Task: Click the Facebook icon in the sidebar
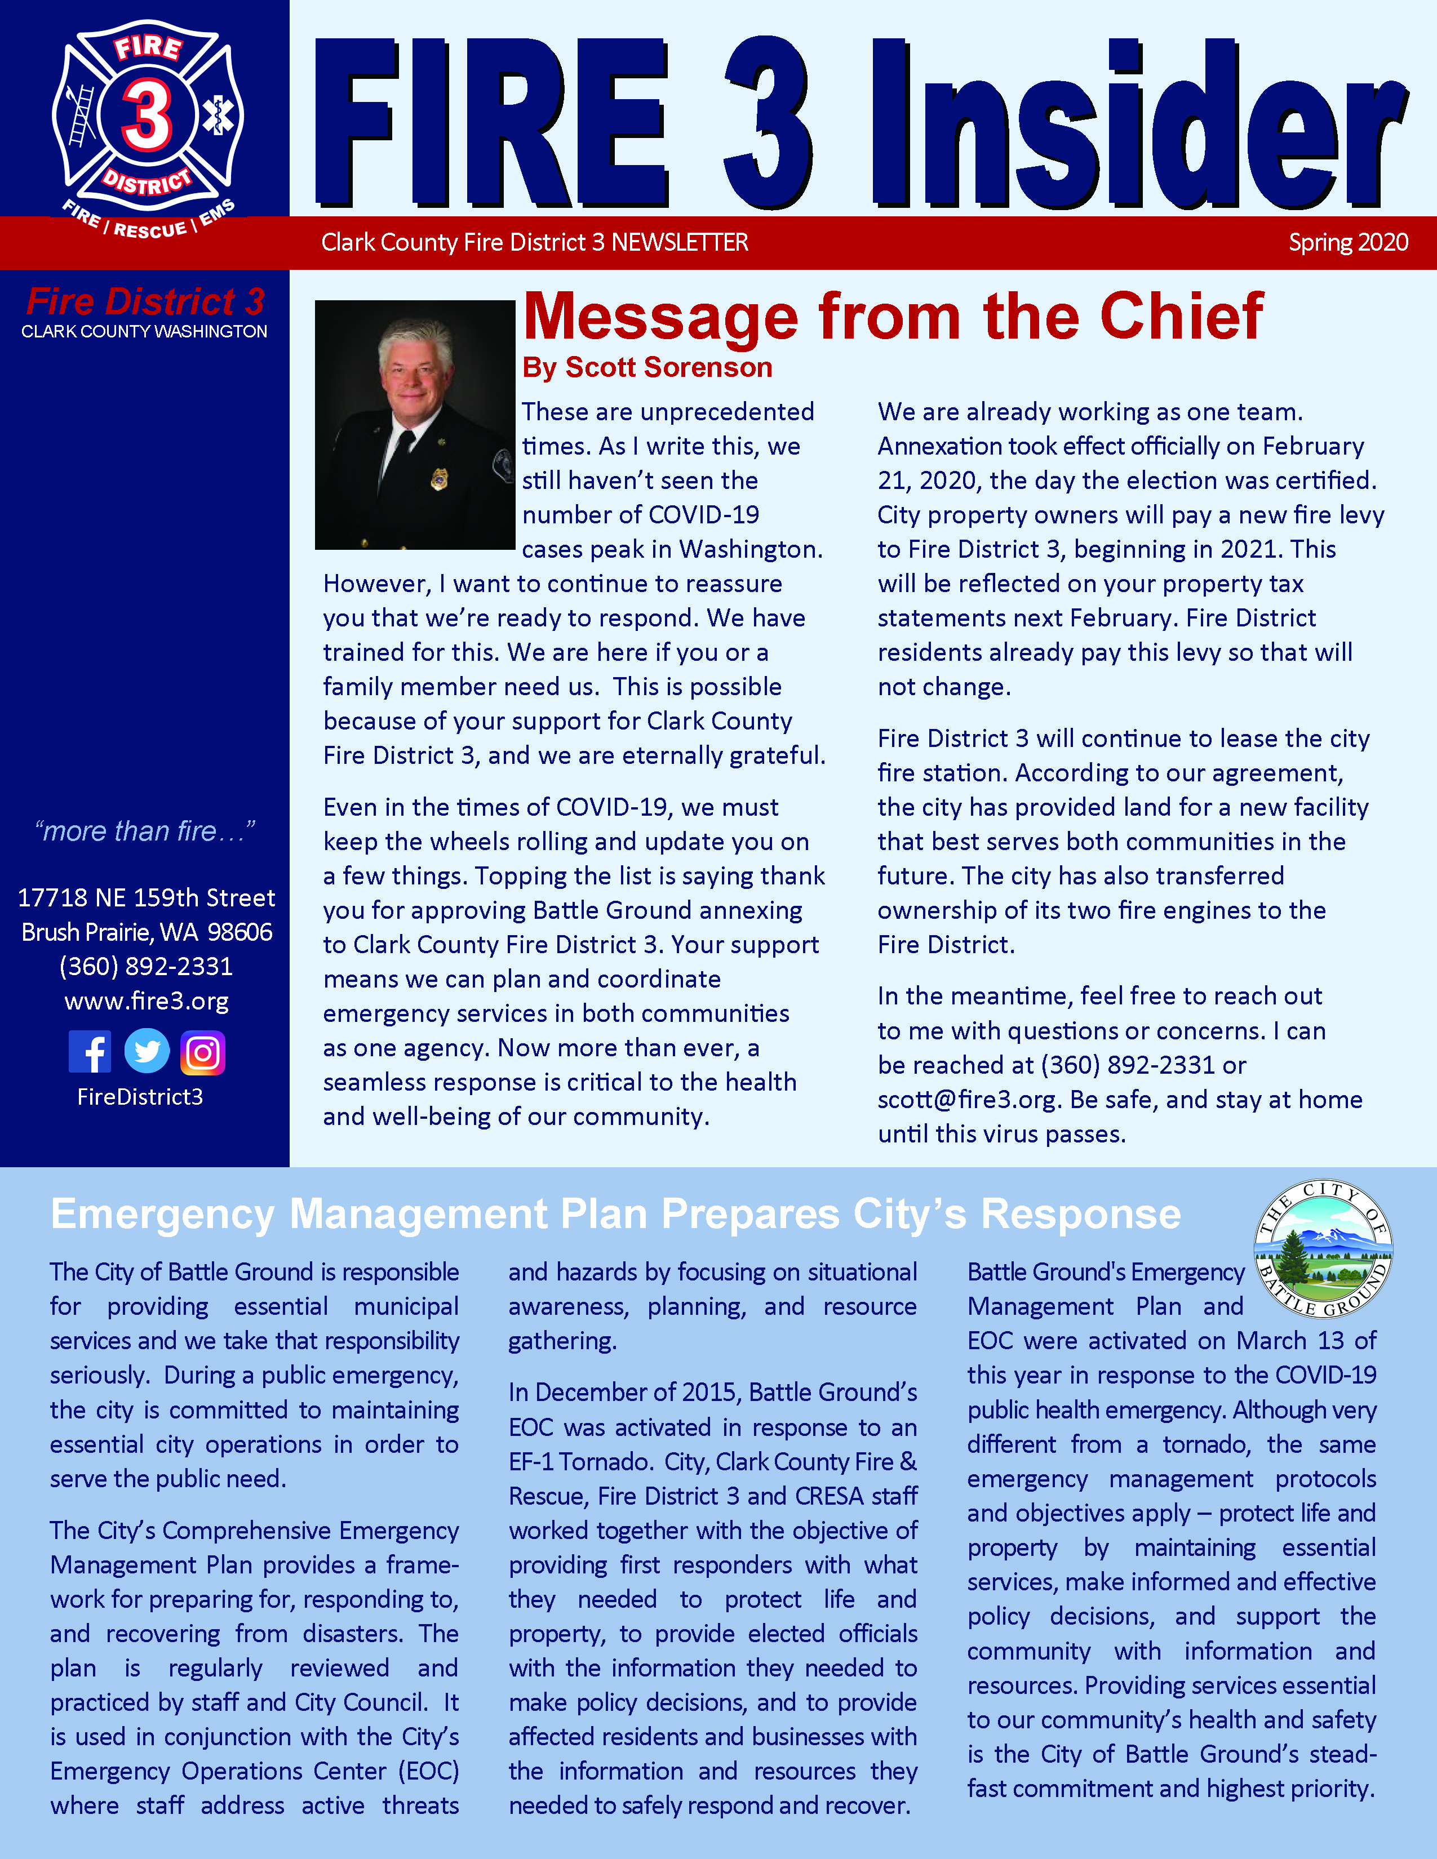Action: coord(90,1052)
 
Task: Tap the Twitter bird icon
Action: coord(147,1052)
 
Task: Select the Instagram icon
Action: coord(203,1053)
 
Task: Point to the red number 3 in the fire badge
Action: coord(147,117)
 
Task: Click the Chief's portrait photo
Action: coord(415,424)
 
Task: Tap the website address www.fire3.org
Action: coord(147,1001)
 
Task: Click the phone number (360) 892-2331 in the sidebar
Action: coord(147,966)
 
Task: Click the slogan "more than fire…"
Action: coord(145,831)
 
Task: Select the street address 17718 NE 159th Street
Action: coord(147,897)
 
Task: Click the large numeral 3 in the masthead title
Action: coord(768,123)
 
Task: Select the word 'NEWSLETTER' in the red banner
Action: coord(680,243)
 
